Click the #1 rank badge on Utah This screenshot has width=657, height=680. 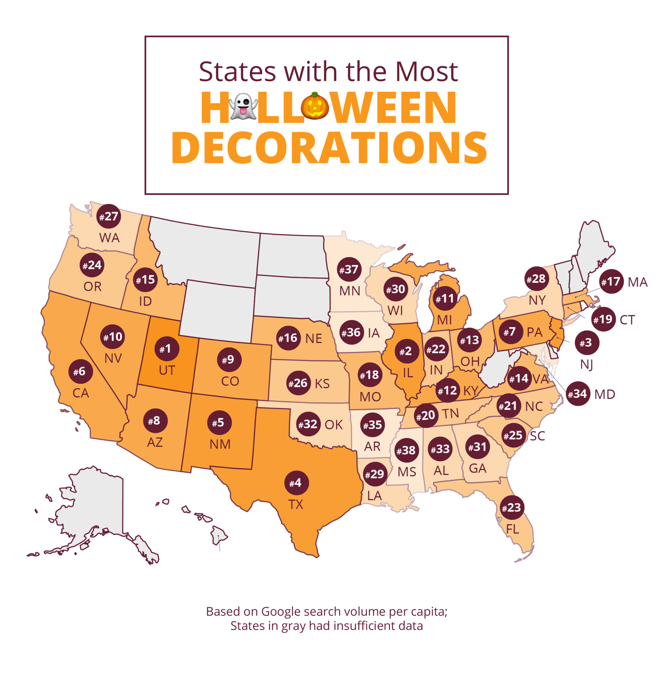tap(167, 349)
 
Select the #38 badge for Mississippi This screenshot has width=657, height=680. tap(407, 450)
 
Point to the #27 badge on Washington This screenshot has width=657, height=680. tap(109, 216)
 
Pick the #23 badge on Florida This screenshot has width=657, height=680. tap(512, 508)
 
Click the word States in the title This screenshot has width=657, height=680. tap(237, 72)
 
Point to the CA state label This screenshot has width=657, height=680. tap(81, 393)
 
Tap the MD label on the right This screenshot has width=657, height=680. tap(605, 394)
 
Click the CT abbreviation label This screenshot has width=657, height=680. tap(627, 320)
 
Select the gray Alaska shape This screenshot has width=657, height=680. tap(94, 503)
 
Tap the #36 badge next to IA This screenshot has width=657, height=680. tap(351, 332)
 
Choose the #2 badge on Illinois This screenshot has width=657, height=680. tap(406, 351)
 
